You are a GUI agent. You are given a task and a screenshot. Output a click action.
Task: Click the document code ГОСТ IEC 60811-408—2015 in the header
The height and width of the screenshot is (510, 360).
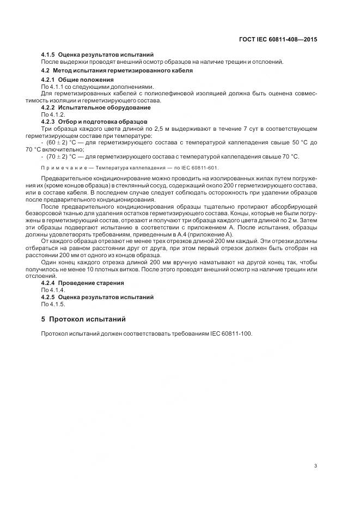(x=278, y=39)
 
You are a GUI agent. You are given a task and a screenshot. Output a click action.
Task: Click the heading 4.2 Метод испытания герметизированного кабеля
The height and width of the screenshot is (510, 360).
(x=117, y=71)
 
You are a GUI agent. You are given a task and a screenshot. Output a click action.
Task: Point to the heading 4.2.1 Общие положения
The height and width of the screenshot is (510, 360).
(x=77, y=80)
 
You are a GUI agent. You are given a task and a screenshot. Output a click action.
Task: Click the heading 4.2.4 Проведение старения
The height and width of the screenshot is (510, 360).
(x=83, y=283)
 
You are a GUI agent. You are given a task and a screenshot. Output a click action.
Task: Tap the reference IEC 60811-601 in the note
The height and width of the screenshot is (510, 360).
(x=200, y=168)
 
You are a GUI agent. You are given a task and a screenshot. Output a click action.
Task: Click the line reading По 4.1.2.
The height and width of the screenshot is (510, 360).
(x=53, y=114)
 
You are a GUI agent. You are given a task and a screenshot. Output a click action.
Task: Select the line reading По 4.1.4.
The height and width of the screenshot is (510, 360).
(x=53, y=290)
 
